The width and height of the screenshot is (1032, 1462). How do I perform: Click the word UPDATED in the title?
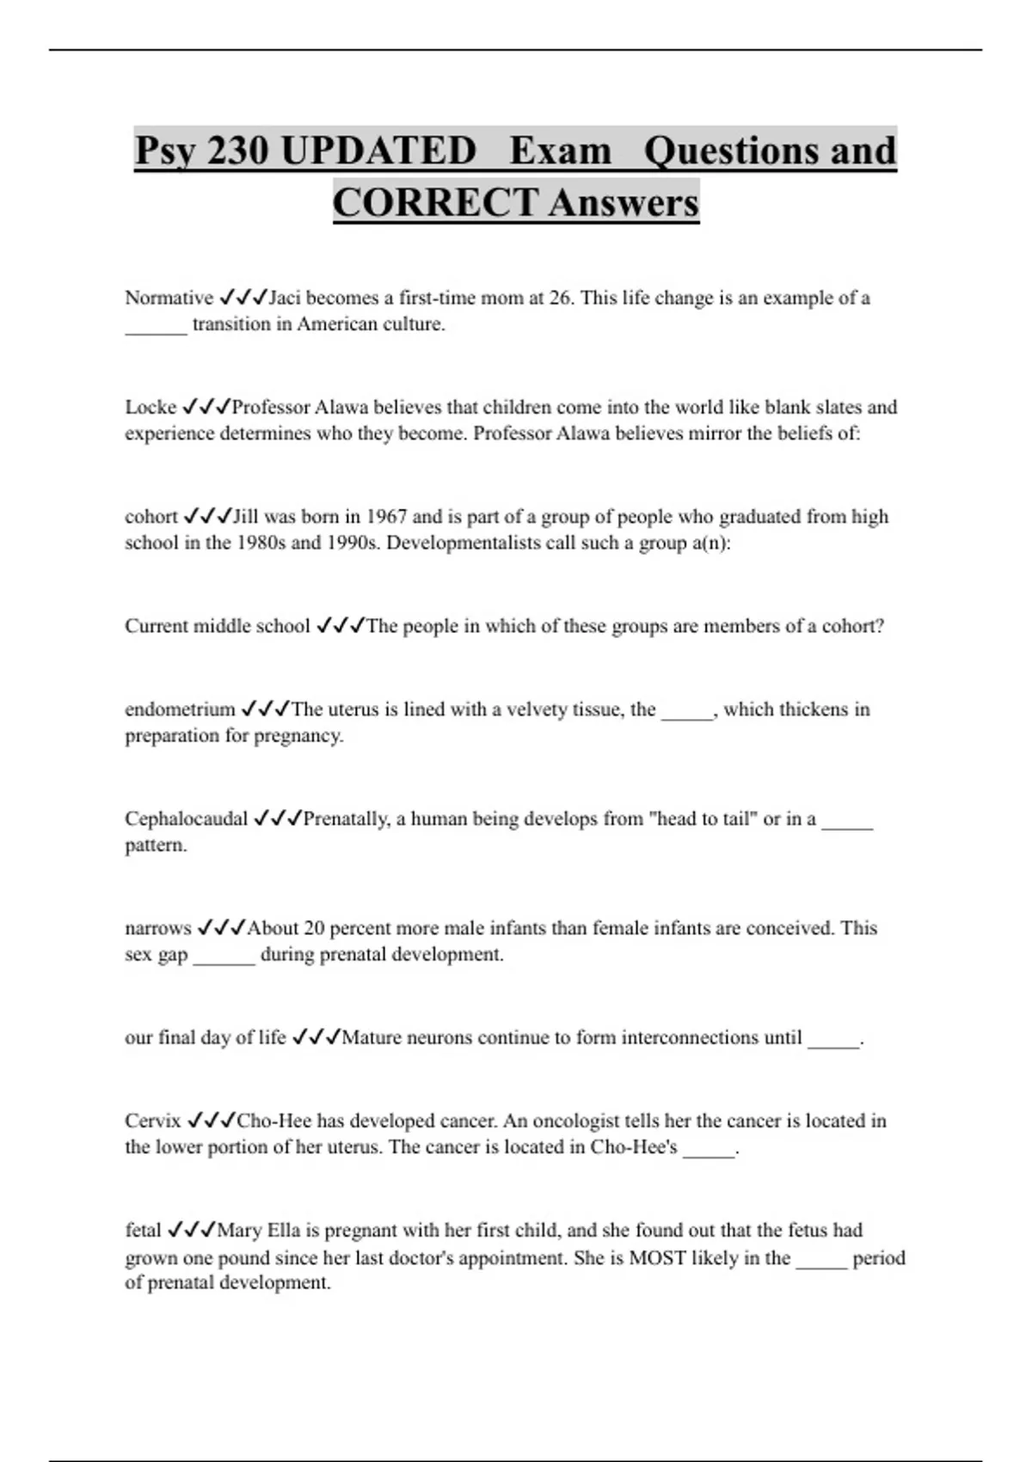tap(378, 151)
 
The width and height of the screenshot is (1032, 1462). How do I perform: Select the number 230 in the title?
tap(238, 151)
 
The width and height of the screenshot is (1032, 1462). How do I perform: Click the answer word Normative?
tap(169, 298)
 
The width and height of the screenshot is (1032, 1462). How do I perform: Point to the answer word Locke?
tap(150, 408)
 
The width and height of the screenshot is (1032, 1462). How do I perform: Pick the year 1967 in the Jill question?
tap(387, 517)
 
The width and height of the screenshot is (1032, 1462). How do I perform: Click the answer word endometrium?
tap(180, 709)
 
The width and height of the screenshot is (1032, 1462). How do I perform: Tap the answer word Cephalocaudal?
tap(186, 819)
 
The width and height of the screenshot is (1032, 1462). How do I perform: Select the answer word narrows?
tap(158, 928)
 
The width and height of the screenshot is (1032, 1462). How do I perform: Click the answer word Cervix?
tap(153, 1121)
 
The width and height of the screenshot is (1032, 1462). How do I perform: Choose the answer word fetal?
tap(143, 1231)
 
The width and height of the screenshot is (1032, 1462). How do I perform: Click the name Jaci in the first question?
tap(285, 298)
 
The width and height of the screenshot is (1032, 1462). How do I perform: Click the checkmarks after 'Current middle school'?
tap(341, 626)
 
